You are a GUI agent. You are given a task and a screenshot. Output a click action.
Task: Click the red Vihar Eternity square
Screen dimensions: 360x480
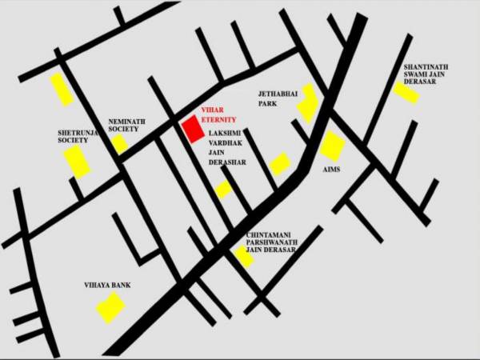192,129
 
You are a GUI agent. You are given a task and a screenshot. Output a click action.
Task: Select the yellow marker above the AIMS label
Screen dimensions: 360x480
332,146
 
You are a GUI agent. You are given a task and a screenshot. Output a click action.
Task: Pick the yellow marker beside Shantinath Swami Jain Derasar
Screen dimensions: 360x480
406,91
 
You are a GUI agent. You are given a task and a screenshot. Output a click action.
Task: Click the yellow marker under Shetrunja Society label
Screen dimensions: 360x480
78,161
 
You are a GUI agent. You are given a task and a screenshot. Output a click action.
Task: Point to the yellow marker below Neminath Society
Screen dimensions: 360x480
119,144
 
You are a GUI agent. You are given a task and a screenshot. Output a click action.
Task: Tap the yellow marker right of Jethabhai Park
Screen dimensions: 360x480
308,103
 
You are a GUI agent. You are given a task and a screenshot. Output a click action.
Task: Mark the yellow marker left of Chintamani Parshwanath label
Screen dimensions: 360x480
243,256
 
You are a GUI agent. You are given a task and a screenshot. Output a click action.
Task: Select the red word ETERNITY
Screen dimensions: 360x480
219,118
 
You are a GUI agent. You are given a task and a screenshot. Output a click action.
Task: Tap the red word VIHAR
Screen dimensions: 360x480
211,110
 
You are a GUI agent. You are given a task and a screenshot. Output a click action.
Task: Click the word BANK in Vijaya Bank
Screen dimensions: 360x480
121,285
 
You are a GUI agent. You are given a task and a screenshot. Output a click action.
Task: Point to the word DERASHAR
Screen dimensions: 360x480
227,162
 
